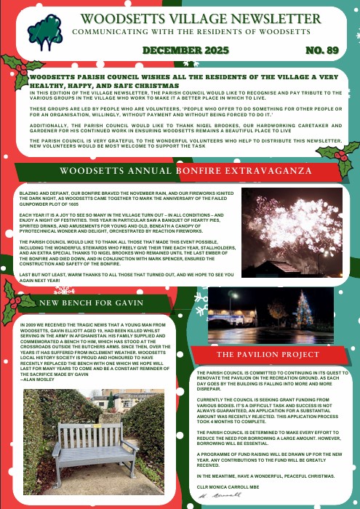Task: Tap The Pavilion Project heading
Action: click(268, 354)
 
